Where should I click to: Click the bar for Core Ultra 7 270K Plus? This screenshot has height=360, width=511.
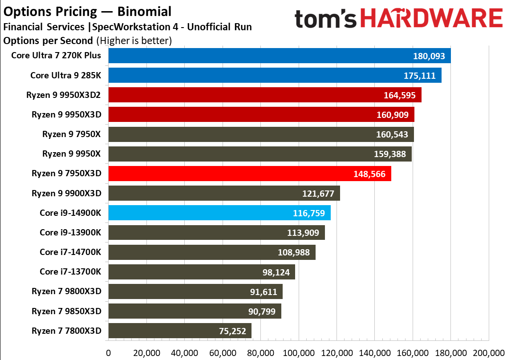click(x=279, y=56)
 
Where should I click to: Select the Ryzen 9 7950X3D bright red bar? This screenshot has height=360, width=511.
click(x=249, y=174)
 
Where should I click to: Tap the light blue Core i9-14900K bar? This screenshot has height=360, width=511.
click(x=219, y=213)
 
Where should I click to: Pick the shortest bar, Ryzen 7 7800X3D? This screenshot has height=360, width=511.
click(x=179, y=331)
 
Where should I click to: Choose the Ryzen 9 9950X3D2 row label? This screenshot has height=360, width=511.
click(x=66, y=95)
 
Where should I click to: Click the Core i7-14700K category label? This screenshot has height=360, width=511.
click(x=70, y=252)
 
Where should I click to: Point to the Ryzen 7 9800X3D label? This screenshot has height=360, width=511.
click(x=66, y=291)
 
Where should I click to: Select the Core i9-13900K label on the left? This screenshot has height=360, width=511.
click(x=70, y=232)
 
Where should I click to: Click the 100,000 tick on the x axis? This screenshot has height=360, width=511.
click(x=298, y=353)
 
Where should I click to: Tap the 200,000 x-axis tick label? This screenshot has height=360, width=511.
click(x=488, y=353)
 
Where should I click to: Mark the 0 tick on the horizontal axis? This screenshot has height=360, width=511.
click(x=108, y=353)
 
